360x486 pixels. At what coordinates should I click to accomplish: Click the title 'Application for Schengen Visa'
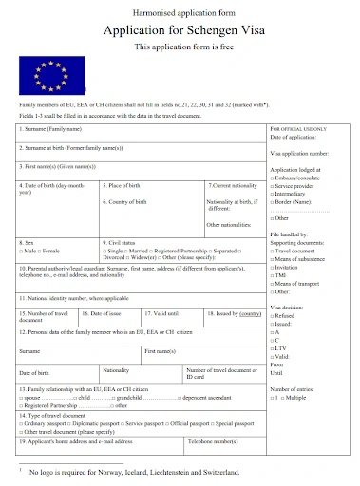[x=180, y=28]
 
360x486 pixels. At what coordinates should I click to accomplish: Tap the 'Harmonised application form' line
[x=180, y=10]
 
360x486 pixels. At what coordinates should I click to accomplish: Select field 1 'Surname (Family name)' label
[x=53, y=128]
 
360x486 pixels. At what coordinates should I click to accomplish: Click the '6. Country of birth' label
[x=129, y=202]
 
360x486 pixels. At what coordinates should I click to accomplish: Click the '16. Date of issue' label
[x=103, y=312]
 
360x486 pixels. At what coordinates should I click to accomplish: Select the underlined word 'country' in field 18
[x=250, y=312]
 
